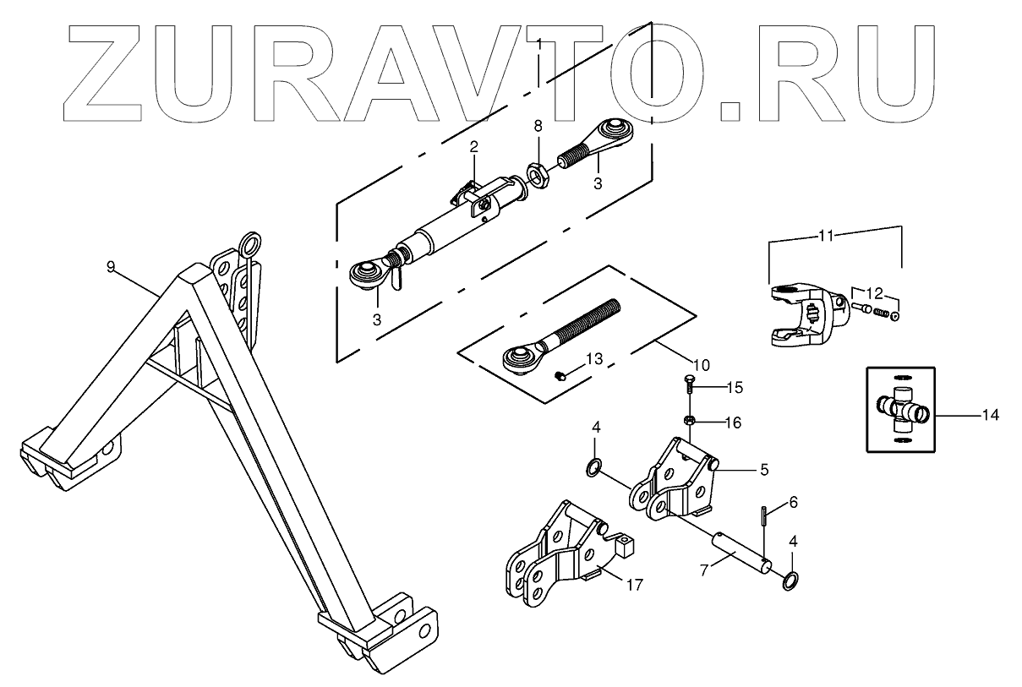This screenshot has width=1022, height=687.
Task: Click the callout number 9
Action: point(112,267)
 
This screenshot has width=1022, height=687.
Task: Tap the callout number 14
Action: point(991,415)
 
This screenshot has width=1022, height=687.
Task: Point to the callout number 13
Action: point(595,359)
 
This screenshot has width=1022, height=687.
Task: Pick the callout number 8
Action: point(537,127)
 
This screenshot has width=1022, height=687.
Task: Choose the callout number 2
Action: point(474,147)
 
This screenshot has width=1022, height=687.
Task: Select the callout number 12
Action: point(875,294)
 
